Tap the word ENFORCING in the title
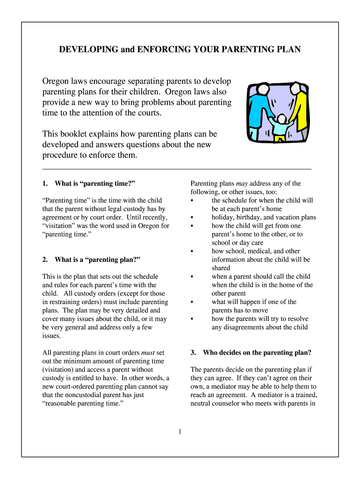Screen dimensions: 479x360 click(x=158, y=49)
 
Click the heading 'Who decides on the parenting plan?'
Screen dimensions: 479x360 click(x=257, y=352)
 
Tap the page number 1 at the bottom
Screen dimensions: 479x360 click(x=180, y=431)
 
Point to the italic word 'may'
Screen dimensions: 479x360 click(x=242, y=183)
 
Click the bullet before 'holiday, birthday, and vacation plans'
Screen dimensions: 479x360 click(x=193, y=218)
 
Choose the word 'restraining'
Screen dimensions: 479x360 click(x=66, y=302)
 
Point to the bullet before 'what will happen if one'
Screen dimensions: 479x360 click(x=193, y=302)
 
